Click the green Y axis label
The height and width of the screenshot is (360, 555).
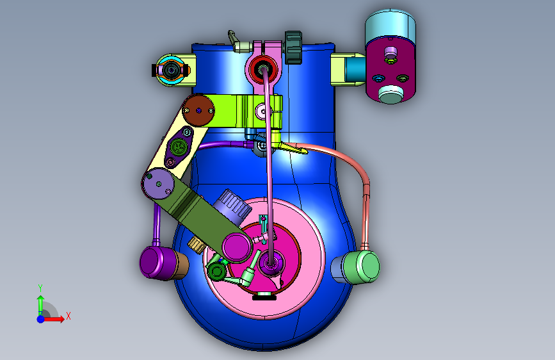pyautogui.click(x=40, y=288)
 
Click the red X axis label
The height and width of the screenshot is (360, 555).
pyautogui.click(x=68, y=316)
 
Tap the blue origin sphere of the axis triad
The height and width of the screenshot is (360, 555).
pyautogui.click(x=41, y=319)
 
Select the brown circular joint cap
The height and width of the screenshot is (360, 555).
pyautogui.click(x=198, y=111)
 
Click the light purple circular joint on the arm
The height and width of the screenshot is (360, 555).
pyautogui.click(x=158, y=184)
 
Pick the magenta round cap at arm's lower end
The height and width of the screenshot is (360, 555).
pyautogui.click(x=236, y=247)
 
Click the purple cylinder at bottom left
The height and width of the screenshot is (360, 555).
pyautogui.click(x=157, y=263)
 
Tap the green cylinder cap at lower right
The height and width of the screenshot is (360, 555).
pyautogui.click(x=366, y=267)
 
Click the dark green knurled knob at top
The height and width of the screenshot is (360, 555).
pyautogui.click(x=293, y=48)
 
